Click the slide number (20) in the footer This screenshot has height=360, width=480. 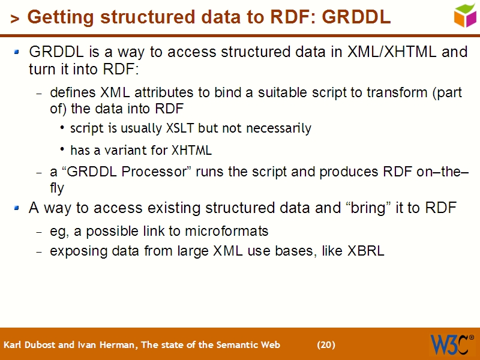[x=326, y=345]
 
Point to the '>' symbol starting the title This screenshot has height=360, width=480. [x=15, y=19]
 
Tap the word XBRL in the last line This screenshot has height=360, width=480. [x=365, y=251]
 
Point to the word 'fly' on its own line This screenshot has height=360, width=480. [x=56, y=188]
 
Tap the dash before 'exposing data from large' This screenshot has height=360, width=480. [x=40, y=252]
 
